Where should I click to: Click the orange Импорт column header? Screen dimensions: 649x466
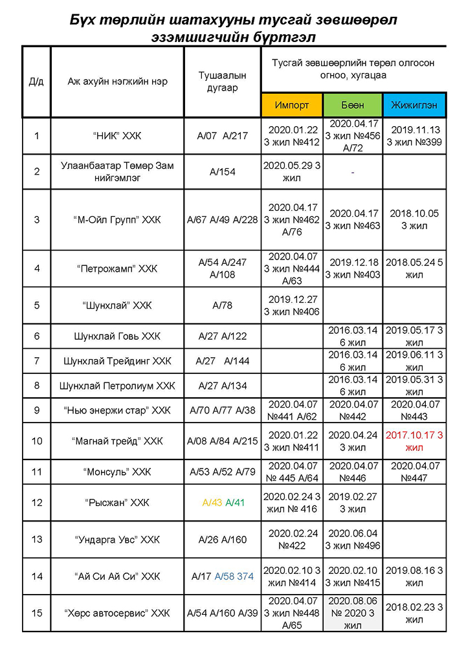point(292,105)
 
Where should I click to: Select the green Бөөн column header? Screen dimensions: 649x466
point(353,105)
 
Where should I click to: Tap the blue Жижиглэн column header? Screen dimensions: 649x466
point(414,105)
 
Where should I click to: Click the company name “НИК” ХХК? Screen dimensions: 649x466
point(117,136)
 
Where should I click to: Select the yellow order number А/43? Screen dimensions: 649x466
point(212,502)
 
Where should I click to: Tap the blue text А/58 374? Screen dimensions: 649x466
point(234,576)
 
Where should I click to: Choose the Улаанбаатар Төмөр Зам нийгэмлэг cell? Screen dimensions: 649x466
point(117,171)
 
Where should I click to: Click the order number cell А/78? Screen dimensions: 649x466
point(222,305)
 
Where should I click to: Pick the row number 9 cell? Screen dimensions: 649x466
point(36,410)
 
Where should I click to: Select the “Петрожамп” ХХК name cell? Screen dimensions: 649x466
point(117,269)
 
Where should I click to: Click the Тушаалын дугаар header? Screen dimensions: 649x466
point(222,82)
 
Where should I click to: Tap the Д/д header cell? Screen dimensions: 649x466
point(36,82)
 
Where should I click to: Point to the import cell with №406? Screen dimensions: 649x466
point(292,305)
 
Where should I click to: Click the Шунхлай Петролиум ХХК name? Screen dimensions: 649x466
point(117,386)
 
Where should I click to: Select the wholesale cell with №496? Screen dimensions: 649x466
point(353,539)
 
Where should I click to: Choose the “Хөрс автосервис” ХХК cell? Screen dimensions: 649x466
point(117,613)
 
